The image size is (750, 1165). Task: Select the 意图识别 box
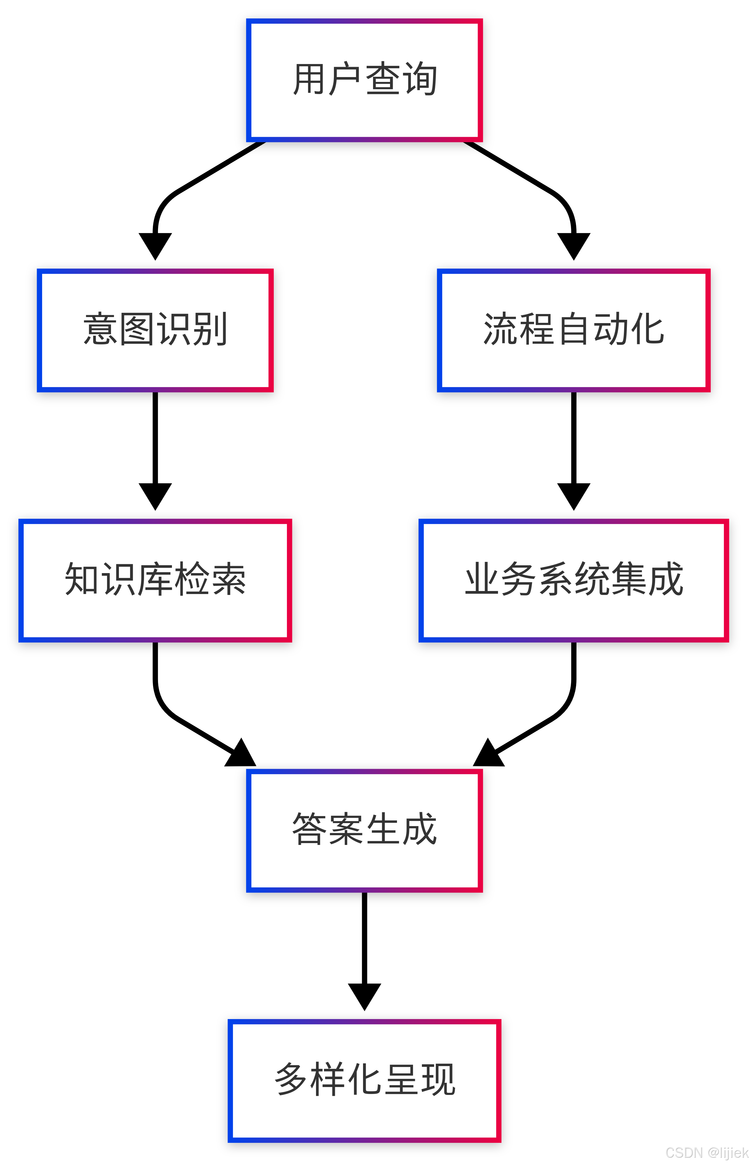pyautogui.click(x=155, y=330)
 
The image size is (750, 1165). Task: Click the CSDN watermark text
pyautogui.click(x=706, y=1152)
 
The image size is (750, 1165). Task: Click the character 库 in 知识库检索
pyautogui.click(x=155, y=579)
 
